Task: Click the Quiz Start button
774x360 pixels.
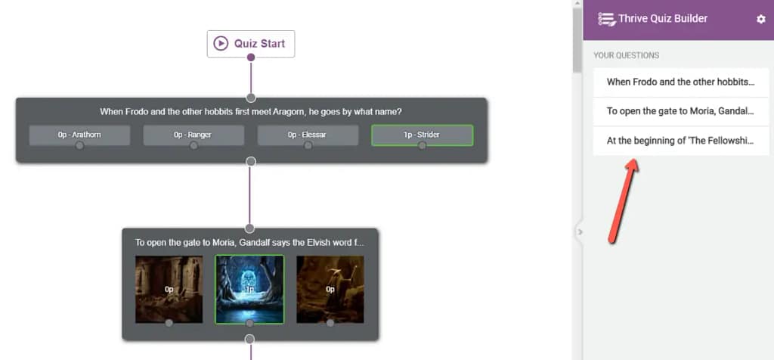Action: click(x=251, y=44)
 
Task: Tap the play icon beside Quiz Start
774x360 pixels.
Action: click(x=221, y=43)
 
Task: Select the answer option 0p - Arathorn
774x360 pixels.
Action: click(x=79, y=135)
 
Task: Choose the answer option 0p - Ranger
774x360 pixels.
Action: click(x=193, y=135)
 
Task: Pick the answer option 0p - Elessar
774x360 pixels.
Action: click(x=308, y=135)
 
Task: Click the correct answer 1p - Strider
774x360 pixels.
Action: click(x=422, y=135)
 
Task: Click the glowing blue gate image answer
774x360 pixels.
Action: click(x=249, y=290)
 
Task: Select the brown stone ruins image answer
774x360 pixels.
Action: click(x=169, y=290)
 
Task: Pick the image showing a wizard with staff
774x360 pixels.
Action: click(x=330, y=290)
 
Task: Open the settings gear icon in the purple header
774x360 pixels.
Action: click(x=760, y=19)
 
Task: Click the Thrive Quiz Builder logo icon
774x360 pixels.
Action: click(x=607, y=19)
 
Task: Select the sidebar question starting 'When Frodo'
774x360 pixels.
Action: click(x=681, y=82)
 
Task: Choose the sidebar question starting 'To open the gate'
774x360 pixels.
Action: click(x=681, y=111)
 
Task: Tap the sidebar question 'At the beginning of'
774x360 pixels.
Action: click(x=681, y=141)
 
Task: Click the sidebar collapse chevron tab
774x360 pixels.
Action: click(x=580, y=231)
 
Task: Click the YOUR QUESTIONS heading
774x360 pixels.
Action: click(x=626, y=55)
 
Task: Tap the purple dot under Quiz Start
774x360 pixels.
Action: click(x=251, y=57)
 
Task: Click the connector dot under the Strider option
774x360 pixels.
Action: click(x=422, y=145)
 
